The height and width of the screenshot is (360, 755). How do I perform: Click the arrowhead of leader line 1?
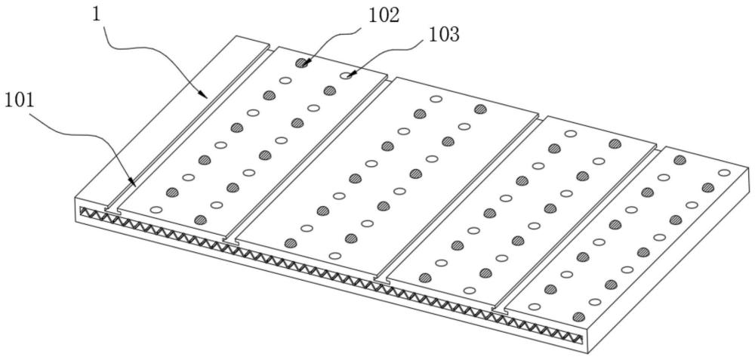[x=205, y=96]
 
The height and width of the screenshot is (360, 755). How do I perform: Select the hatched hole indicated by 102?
[x=302, y=63]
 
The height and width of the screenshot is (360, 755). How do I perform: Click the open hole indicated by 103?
[x=347, y=75]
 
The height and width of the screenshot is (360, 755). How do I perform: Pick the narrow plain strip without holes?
[x=174, y=121]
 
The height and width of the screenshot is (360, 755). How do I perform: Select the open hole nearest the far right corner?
[x=724, y=172]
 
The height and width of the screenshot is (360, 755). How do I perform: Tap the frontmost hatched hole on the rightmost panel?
[x=579, y=316]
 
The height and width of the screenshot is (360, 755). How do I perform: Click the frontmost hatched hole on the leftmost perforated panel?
[x=200, y=220]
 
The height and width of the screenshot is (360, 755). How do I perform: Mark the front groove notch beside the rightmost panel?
[x=500, y=309]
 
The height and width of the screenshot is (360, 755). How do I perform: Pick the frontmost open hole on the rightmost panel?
[x=535, y=306]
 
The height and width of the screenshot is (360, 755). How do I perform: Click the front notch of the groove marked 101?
[x=112, y=206]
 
